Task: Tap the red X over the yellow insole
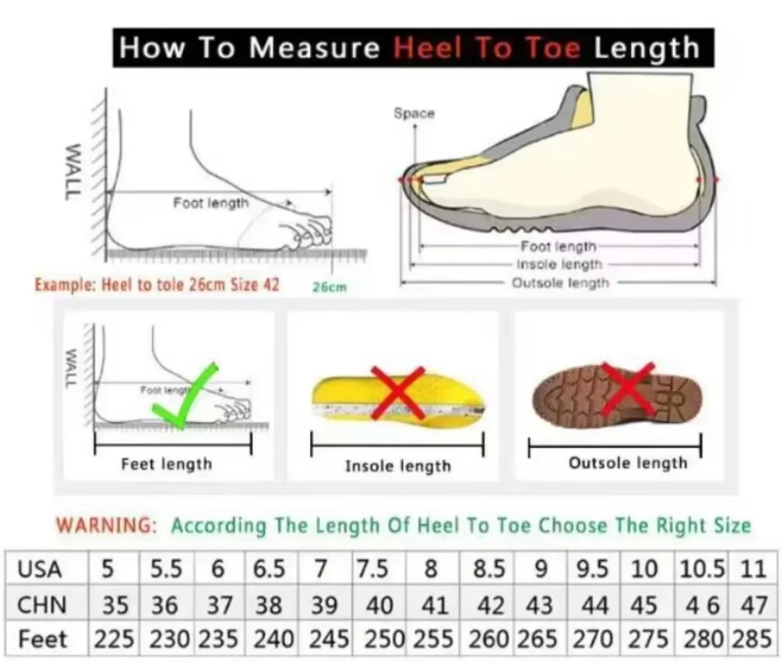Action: point(398,393)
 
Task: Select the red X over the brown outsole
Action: point(628,389)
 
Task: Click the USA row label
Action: point(40,569)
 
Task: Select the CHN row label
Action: point(42,605)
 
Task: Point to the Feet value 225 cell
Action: point(114,639)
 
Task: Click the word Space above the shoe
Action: point(414,113)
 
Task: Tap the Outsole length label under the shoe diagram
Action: point(560,283)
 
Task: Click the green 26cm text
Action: point(330,287)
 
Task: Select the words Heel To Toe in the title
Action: point(487,49)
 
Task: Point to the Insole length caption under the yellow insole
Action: point(398,466)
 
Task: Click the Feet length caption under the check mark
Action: point(166,464)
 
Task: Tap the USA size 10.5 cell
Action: point(702,569)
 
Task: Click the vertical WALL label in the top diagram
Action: point(73,171)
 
